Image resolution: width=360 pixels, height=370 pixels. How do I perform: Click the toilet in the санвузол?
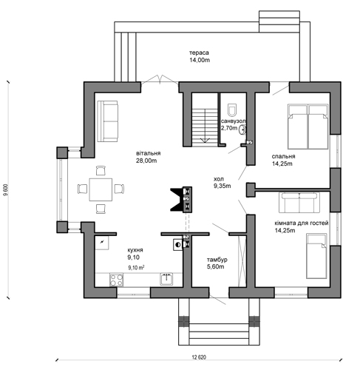232,110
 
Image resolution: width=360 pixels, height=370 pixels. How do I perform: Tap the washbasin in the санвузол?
242,129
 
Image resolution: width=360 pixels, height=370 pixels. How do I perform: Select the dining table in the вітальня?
101,189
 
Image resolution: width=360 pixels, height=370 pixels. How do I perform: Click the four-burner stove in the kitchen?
116,280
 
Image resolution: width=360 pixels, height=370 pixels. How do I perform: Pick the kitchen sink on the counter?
166,279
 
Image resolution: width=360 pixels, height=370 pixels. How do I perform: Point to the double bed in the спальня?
308,127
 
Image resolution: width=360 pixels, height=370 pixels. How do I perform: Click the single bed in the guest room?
316,256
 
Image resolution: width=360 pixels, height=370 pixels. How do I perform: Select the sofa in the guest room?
299,203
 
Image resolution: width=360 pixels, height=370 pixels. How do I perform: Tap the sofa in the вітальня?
107,121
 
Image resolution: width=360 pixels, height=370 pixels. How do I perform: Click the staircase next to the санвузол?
205,127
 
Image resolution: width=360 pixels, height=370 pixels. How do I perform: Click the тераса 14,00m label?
200,56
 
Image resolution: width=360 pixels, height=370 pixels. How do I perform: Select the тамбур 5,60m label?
217,263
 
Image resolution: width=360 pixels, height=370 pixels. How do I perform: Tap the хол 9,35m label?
222,182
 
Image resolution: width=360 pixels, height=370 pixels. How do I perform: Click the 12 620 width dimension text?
199,357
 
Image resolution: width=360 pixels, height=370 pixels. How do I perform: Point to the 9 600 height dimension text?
5,190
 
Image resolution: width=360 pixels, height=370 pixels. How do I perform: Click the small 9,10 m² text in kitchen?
136,267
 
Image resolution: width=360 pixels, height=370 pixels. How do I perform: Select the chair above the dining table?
101,171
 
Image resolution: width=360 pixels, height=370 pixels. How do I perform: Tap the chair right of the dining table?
119,189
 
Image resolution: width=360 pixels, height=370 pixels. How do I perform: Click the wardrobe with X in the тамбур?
242,261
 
